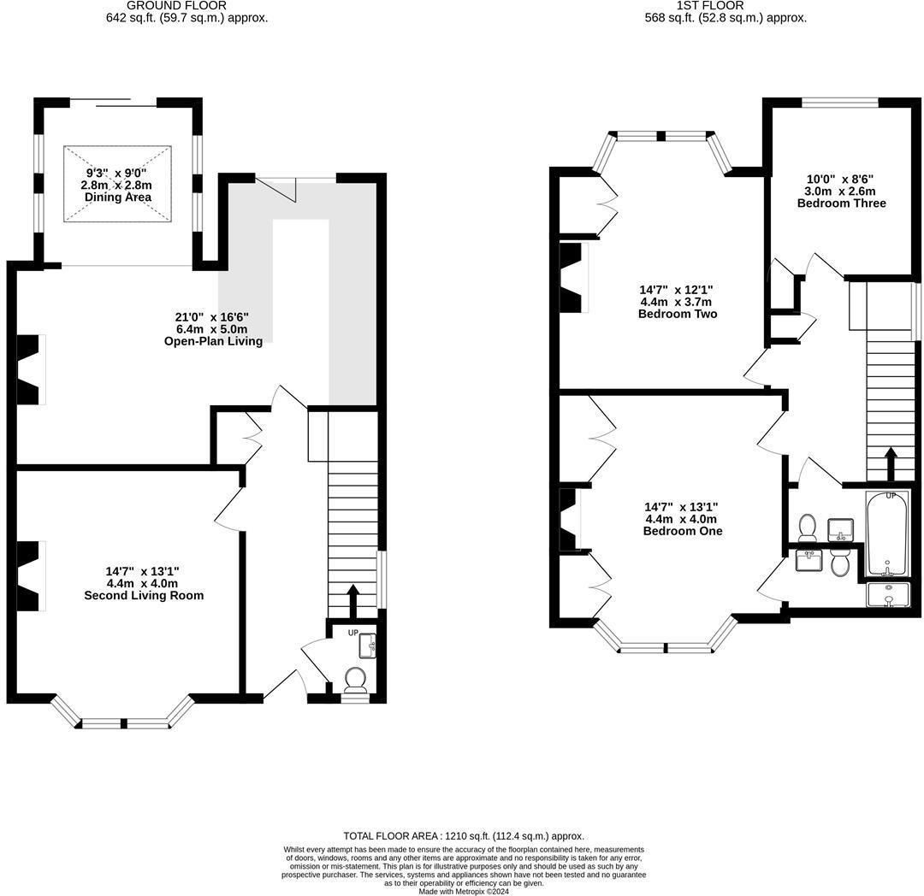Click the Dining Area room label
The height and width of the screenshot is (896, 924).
coord(117,197)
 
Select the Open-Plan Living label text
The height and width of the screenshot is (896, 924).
coord(213,341)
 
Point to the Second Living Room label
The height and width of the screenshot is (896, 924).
coord(144,595)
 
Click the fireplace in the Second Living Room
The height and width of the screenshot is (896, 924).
coord(28,576)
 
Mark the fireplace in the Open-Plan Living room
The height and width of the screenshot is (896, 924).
coord(28,369)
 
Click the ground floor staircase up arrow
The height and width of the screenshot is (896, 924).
coord(352,599)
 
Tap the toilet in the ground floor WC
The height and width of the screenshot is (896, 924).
coord(355,680)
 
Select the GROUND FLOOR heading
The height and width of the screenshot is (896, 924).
coord(176,5)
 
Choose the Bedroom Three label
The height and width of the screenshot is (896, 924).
coord(841,203)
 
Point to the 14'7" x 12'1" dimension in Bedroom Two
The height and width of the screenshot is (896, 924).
coord(677,290)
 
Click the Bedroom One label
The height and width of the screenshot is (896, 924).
coord(682,531)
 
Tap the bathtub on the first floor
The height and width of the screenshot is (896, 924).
coord(887,534)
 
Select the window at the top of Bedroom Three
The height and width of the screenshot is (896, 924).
coord(839,103)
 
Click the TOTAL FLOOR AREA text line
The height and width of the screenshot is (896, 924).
coord(463,835)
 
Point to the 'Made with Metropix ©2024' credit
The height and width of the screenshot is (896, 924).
coord(463,891)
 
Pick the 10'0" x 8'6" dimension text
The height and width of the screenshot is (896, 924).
coord(840,180)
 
